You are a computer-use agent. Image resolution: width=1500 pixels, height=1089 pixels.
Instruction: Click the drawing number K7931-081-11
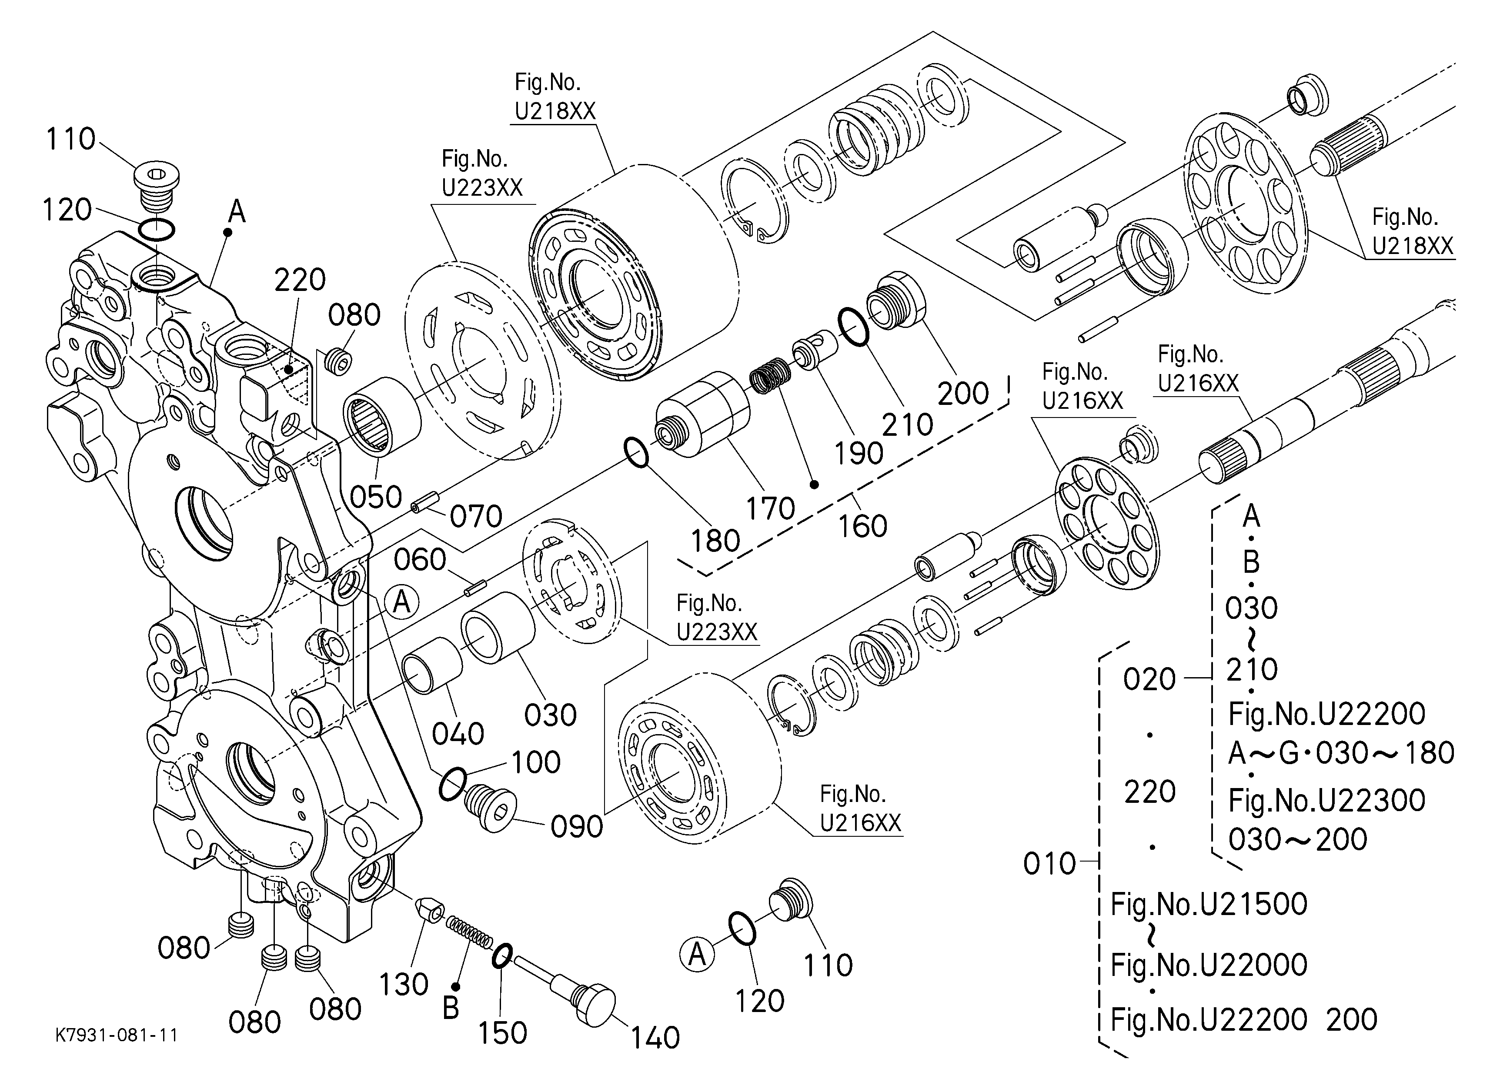pyautogui.click(x=117, y=1035)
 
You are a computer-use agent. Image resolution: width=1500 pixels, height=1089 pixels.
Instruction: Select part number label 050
pyautogui.click(x=376, y=497)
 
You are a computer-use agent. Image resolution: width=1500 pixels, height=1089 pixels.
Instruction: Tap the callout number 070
pyautogui.click(x=476, y=516)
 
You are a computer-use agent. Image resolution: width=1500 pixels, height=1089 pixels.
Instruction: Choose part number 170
pyautogui.click(x=771, y=508)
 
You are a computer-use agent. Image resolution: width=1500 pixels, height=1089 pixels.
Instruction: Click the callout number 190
pyautogui.click(x=859, y=454)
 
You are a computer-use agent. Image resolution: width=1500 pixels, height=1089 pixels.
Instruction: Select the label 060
pyautogui.click(x=420, y=560)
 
